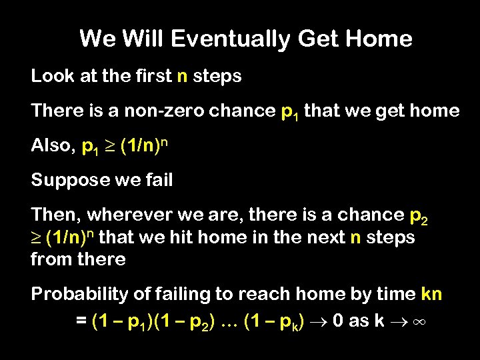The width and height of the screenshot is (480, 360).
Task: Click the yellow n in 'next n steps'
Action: (355, 238)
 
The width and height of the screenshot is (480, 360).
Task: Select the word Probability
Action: (75, 294)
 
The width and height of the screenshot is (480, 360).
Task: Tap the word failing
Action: (170, 294)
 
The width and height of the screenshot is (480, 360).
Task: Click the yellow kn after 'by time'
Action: (431, 294)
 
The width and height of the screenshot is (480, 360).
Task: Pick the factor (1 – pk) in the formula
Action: (275, 321)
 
